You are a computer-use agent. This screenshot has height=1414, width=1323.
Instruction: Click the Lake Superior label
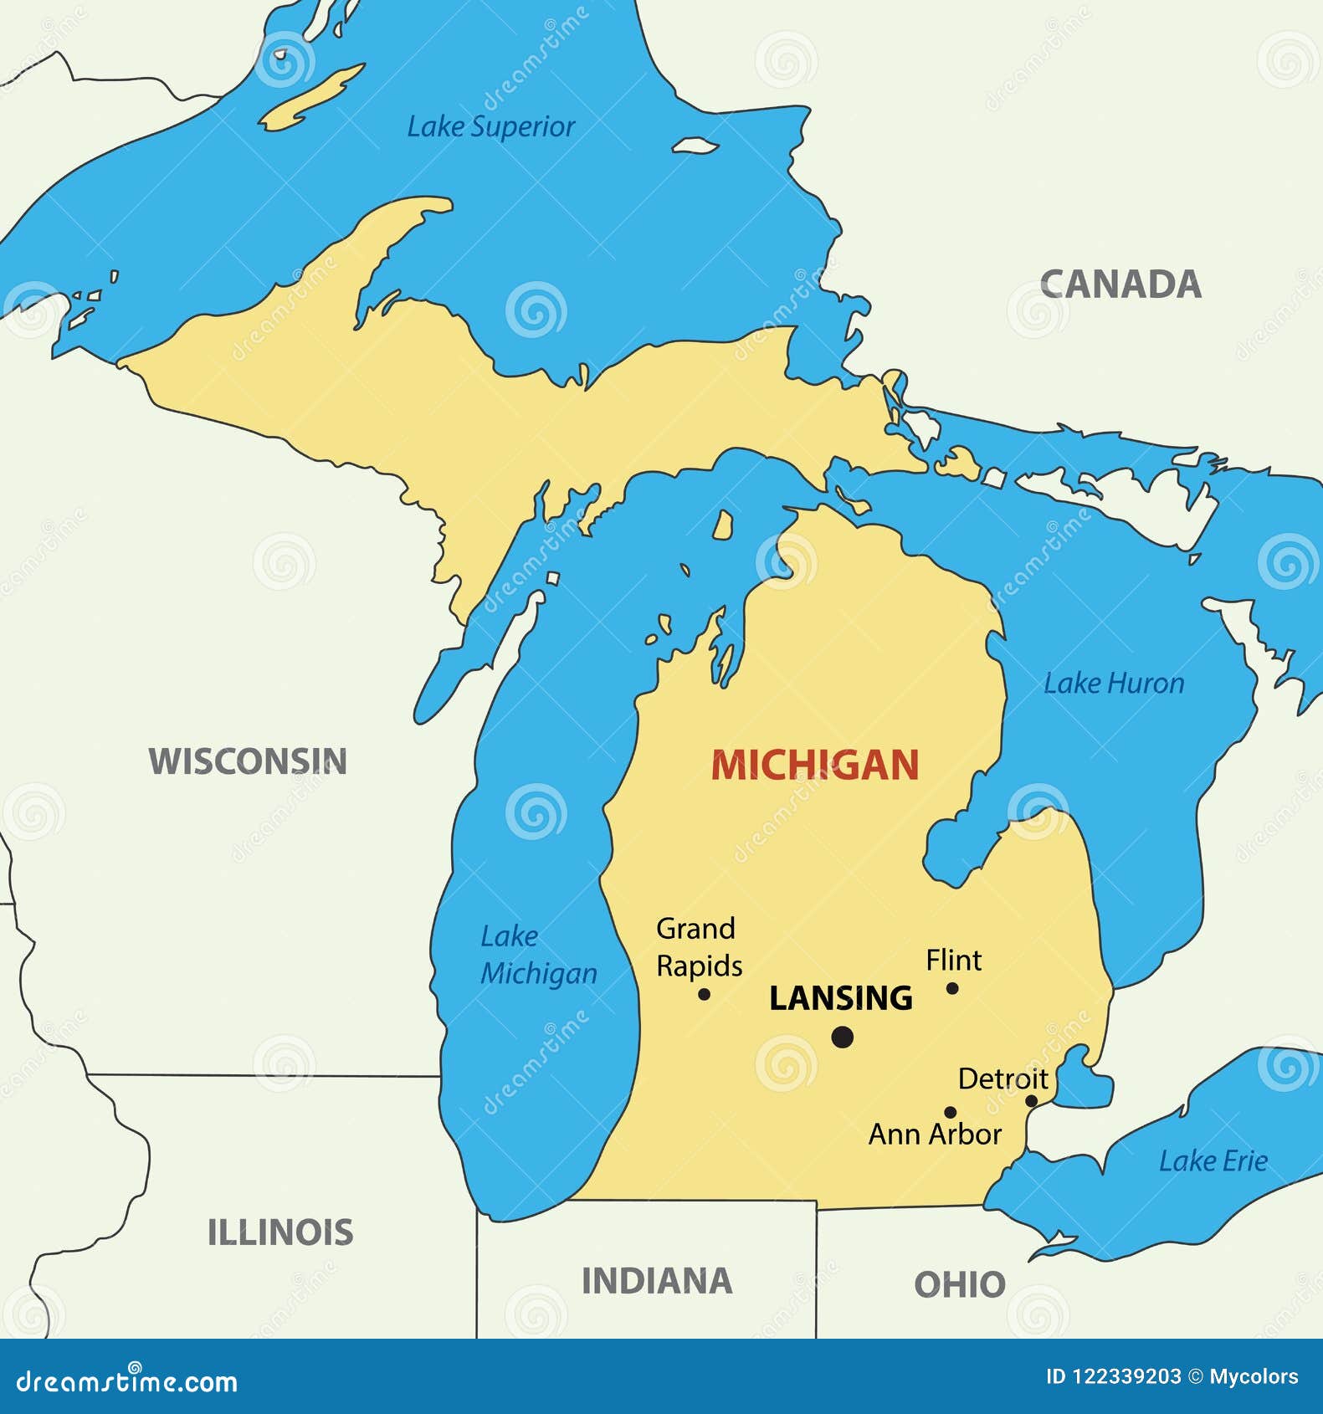click(x=490, y=126)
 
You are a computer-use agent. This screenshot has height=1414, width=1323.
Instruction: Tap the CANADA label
click(x=1120, y=284)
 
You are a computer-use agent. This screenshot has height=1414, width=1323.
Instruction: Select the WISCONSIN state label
click(x=248, y=761)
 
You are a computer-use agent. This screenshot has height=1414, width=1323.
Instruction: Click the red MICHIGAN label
click(x=815, y=766)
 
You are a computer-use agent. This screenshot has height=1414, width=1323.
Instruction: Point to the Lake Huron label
click(x=1114, y=684)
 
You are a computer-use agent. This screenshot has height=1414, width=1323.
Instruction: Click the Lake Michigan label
click(x=538, y=955)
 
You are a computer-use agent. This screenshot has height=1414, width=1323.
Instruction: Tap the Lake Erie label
click(x=1213, y=1161)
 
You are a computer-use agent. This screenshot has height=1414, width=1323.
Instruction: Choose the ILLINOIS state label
click(x=280, y=1232)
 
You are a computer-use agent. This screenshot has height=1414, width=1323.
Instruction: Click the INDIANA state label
click(x=657, y=1281)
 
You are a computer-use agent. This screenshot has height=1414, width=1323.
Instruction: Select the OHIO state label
click(x=959, y=1284)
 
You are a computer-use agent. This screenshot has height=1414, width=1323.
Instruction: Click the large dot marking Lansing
click(x=843, y=1037)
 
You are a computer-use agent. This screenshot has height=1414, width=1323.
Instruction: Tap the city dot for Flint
click(x=952, y=988)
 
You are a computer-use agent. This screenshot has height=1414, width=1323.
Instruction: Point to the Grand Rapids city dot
click(x=704, y=994)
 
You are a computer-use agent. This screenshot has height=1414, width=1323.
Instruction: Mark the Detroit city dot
click(x=1031, y=1101)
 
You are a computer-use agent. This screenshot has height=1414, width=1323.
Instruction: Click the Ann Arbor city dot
click(x=950, y=1112)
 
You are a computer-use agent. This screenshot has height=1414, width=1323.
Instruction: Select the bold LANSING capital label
click(x=840, y=998)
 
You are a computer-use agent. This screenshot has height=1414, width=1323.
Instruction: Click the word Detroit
click(x=1003, y=1078)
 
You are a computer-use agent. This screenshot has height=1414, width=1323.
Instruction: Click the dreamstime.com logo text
click(x=127, y=1381)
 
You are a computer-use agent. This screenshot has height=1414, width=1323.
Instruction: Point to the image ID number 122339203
click(x=1126, y=1376)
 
